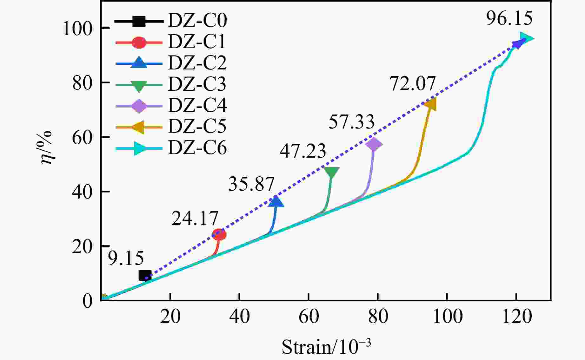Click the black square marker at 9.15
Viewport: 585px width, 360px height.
145,276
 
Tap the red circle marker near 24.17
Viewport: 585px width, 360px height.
219,235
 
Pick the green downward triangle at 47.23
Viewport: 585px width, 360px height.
332,172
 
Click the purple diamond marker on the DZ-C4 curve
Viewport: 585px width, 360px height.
374,144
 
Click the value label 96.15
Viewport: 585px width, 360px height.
509,18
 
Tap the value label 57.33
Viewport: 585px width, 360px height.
351,122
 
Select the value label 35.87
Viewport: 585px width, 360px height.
251,184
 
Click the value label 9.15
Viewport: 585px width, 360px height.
126,259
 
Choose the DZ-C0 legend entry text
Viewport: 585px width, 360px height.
197,21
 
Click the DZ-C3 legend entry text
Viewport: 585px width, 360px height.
197,84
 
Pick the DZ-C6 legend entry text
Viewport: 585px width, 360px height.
197,148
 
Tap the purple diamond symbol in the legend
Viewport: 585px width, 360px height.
139,106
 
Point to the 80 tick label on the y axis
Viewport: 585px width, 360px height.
82,83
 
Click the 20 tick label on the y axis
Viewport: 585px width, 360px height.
82,246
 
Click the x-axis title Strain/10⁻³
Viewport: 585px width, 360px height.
326,347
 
